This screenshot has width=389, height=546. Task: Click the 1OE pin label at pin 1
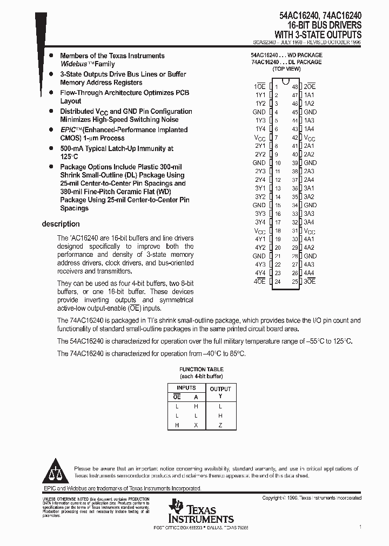click(x=259, y=86)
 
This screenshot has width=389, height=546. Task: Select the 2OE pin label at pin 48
click(x=310, y=86)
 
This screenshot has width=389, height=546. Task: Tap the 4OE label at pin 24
click(x=260, y=282)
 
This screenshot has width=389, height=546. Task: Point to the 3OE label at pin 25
click(x=310, y=282)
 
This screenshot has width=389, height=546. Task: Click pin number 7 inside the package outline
click(x=276, y=138)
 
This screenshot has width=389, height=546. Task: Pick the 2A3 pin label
click(x=309, y=171)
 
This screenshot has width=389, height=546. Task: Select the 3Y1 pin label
click(x=260, y=188)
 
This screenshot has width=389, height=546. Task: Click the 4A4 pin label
click(x=309, y=273)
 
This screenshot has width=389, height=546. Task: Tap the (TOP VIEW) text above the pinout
click(x=286, y=69)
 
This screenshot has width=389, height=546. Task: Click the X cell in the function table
click(x=196, y=425)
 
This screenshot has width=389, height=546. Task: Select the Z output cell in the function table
click(x=220, y=425)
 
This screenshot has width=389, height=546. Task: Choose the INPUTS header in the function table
click(x=186, y=388)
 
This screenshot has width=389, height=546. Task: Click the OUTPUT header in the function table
click(x=220, y=388)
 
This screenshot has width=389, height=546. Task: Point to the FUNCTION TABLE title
click(x=201, y=369)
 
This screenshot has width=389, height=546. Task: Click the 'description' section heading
click(x=61, y=224)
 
